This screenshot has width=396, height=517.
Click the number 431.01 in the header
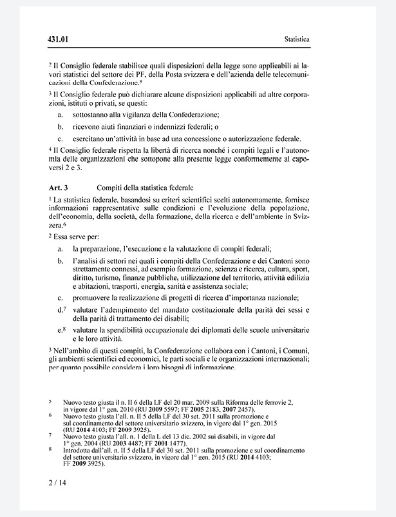pyautogui.click(x=58, y=40)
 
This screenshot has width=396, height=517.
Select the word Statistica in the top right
pyautogui.click(x=297, y=40)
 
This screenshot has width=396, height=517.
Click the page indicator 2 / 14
pyautogui.click(x=57, y=482)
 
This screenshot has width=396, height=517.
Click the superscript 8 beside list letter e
pyautogui.click(x=64, y=327)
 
